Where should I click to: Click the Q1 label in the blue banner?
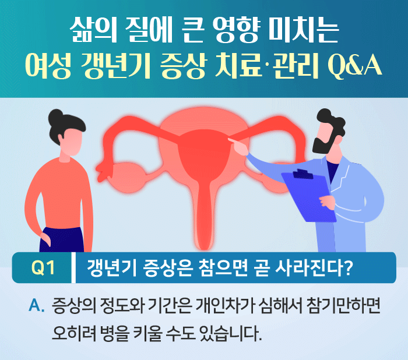click(x=43, y=269)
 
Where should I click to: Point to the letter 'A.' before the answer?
click(x=36, y=304)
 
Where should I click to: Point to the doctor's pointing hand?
click(x=235, y=141)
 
